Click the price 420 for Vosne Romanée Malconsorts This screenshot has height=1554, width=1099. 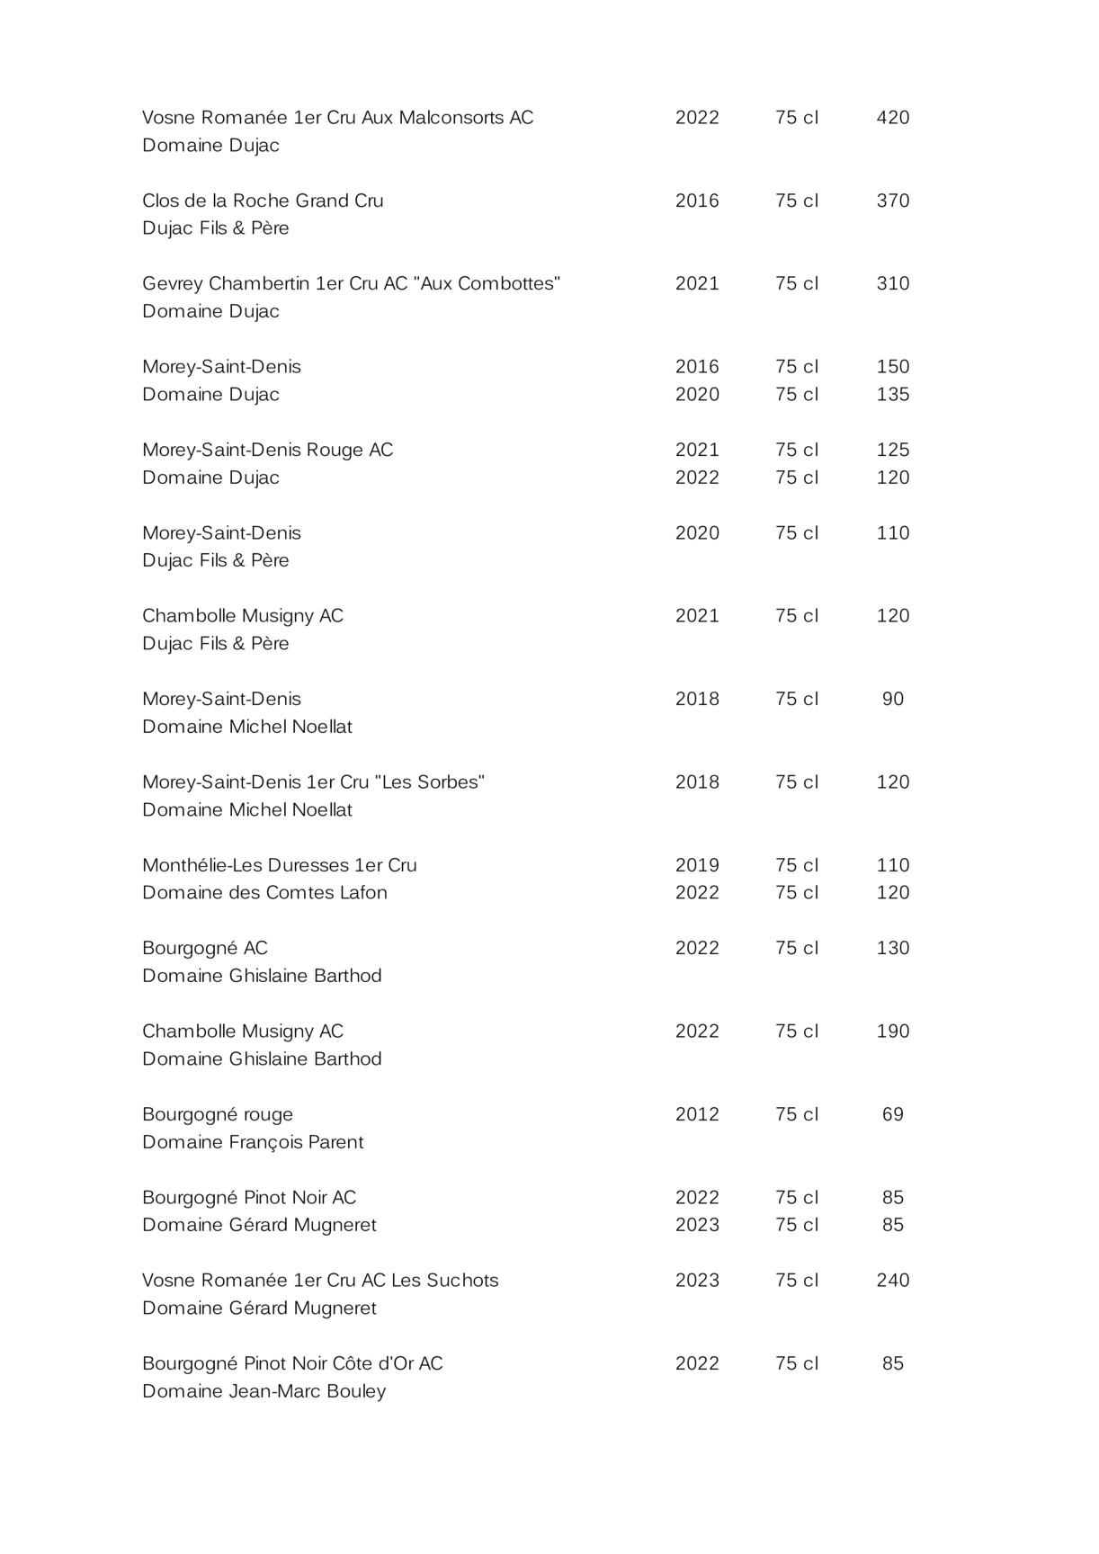pos(892,118)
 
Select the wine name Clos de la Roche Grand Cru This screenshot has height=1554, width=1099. pos(263,201)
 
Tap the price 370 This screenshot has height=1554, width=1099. pos(892,201)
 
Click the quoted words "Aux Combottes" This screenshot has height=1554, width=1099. pos(490,283)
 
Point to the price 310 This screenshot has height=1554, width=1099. pos(892,283)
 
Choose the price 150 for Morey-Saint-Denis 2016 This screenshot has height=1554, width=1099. pos(892,367)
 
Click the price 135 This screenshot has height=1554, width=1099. pos(892,394)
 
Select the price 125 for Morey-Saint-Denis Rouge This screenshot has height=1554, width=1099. pos(892,450)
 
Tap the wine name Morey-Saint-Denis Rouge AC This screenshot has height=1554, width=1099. pos(267,450)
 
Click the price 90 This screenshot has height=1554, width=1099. pos(892,699)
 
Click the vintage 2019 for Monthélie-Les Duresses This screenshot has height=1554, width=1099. pos(697,865)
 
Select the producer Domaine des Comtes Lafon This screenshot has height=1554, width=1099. pos(264,893)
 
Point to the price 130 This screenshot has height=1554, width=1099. pos(892,948)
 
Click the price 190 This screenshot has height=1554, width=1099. pos(892,1032)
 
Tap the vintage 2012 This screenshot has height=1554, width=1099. pos(697,1114)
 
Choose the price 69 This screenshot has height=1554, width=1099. pos(892,1114)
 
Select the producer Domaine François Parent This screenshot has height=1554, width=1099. pos(253,1142)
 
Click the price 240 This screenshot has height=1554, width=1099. pos(892,1281)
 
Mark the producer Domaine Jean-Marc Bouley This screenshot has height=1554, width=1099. pos(264,1391)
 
